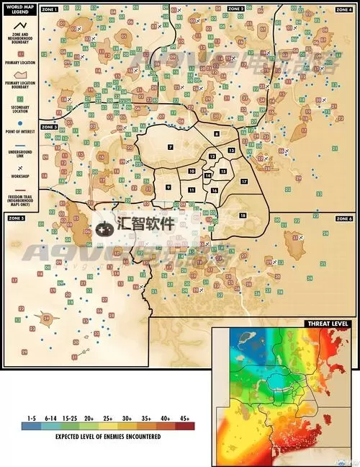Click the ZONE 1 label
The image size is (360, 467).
click(x=50, y=9)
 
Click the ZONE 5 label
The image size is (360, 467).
click(x=17, y=218)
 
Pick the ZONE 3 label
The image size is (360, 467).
click(x=50, y=127)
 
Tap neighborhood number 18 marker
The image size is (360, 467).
click(x=243, y=215)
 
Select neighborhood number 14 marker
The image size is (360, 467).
click(x=207, y=175)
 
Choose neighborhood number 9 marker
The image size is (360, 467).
click(x=168, y=187)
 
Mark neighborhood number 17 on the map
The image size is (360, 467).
click(x=243, y=181)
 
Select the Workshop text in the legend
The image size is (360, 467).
click(x=20, y=178)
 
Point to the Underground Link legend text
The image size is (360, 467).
click(x=20, y=154)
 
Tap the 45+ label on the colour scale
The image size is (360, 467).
click(x=185, y=417)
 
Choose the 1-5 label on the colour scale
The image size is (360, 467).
click(x=31, y=417)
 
